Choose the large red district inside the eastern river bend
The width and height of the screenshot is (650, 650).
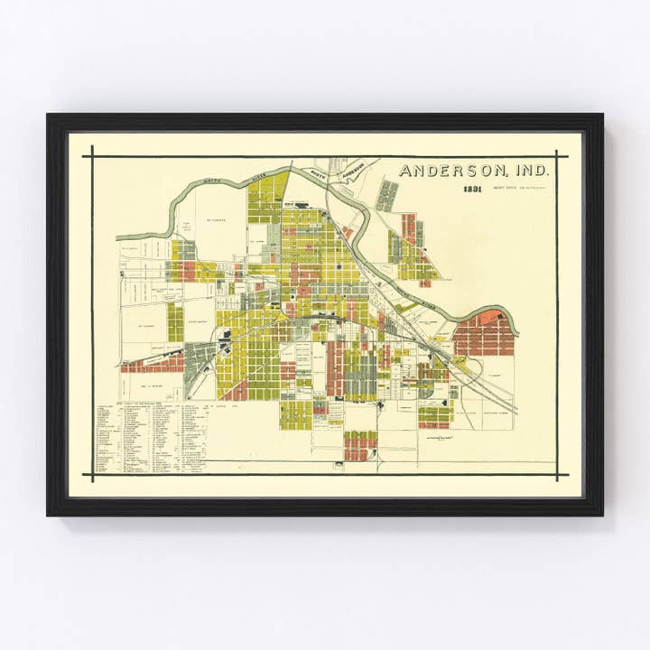tap(483, 334)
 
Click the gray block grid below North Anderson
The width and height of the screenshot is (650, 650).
tap(386, 195)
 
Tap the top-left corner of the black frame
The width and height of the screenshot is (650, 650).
tap(49, 116)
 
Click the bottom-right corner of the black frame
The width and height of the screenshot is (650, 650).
tap(601, 514)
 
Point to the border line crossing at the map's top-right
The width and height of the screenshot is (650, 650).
tap(556, 156)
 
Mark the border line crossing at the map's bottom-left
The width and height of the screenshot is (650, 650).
tap(92, 474)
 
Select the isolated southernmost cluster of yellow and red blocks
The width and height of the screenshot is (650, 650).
tap(360, 444)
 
